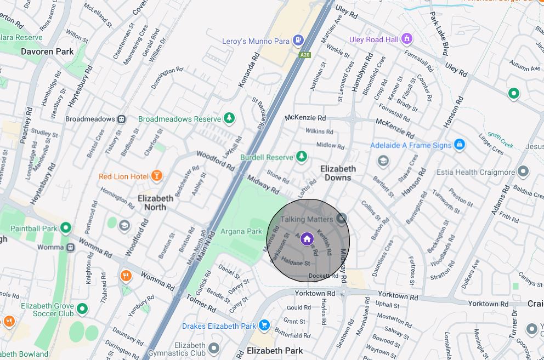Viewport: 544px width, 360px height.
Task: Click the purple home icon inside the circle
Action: pos(307,239)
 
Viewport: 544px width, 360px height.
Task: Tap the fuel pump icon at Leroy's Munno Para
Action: pos(298,40)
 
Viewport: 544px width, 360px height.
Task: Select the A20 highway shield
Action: pos(305,55)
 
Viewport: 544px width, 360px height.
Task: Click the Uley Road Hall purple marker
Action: pos(406,39)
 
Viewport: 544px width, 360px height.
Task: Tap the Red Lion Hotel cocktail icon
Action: pos(157,176)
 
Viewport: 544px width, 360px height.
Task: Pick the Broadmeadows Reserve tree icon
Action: pos(229,118)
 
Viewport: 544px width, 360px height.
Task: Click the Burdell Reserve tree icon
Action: pos(301,157)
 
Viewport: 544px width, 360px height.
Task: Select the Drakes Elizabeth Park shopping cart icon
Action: pos(264,325)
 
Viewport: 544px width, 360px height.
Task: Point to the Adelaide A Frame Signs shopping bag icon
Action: pos(460,145)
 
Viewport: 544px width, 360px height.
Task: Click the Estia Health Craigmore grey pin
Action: pos(524,172)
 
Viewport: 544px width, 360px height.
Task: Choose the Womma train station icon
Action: pos(71,247)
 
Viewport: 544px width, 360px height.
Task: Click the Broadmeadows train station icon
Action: pos(121,119)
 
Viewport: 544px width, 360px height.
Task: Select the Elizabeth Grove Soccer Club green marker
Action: pos(82,309)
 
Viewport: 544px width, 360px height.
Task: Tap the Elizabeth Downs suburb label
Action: pos(338,173)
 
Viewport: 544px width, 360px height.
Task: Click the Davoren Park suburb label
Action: pos(47,52)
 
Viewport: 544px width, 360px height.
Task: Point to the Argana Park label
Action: pos(241,231)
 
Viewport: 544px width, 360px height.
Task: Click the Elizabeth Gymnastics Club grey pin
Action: pos(214,347)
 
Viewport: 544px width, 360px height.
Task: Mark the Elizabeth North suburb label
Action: pos(155,203)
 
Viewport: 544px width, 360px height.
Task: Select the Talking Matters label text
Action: pos(307,219)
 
